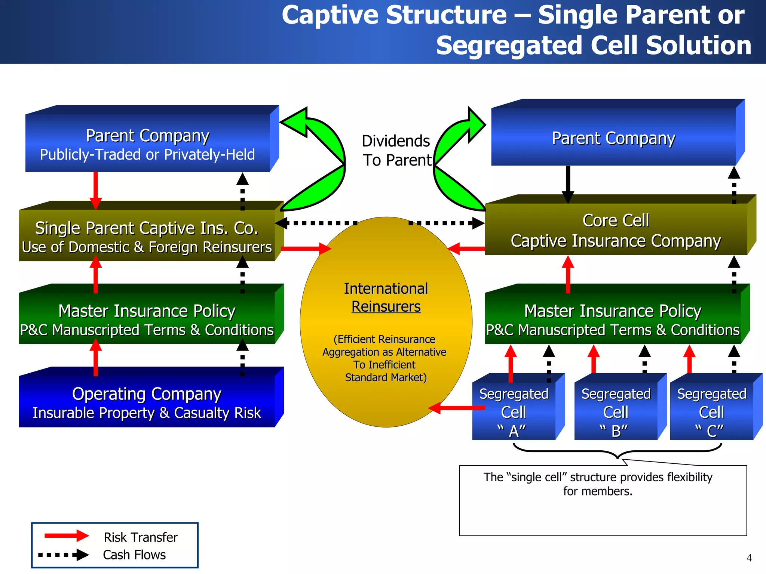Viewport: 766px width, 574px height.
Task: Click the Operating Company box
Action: coord(147,402)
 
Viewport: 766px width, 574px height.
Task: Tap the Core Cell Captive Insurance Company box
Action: coord(616,230)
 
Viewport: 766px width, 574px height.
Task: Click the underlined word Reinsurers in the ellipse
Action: coord(386,307)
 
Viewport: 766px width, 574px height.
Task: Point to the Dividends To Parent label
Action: coord(396,151)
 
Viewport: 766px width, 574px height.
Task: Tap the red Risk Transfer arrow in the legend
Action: coord(67,536)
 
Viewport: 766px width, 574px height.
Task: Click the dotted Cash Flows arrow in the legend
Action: coord(64,555)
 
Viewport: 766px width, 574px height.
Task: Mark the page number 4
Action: coord(749,558)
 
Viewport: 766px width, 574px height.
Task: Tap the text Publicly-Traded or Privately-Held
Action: coord(147,155)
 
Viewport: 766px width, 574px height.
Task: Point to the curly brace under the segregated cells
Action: coord(617,451)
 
